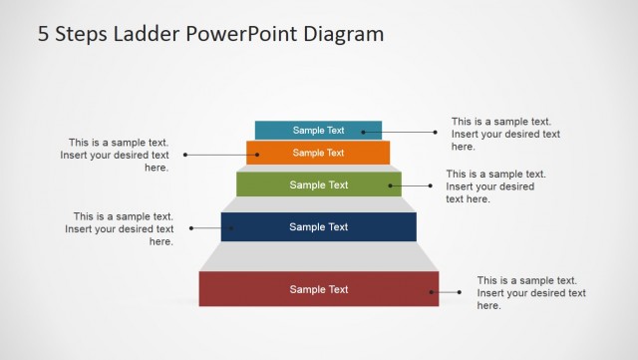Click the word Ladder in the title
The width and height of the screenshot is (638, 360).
coord(143,34)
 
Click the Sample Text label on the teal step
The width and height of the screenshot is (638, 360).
coord(318,130)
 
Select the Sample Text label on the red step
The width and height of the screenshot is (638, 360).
coord(319,289)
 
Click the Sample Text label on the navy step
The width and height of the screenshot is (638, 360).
coord(319,226)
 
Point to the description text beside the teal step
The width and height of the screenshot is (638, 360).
coord(505,133)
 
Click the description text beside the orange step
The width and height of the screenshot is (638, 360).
coord(115,155)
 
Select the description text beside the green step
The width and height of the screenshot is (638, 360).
coord(495,186)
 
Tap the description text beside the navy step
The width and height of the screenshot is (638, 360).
coord(120,228)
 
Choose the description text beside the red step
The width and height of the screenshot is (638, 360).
coord(531,293)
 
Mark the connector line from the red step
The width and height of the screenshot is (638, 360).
coord(447,292)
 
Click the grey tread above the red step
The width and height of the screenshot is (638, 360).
coord(319,257)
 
